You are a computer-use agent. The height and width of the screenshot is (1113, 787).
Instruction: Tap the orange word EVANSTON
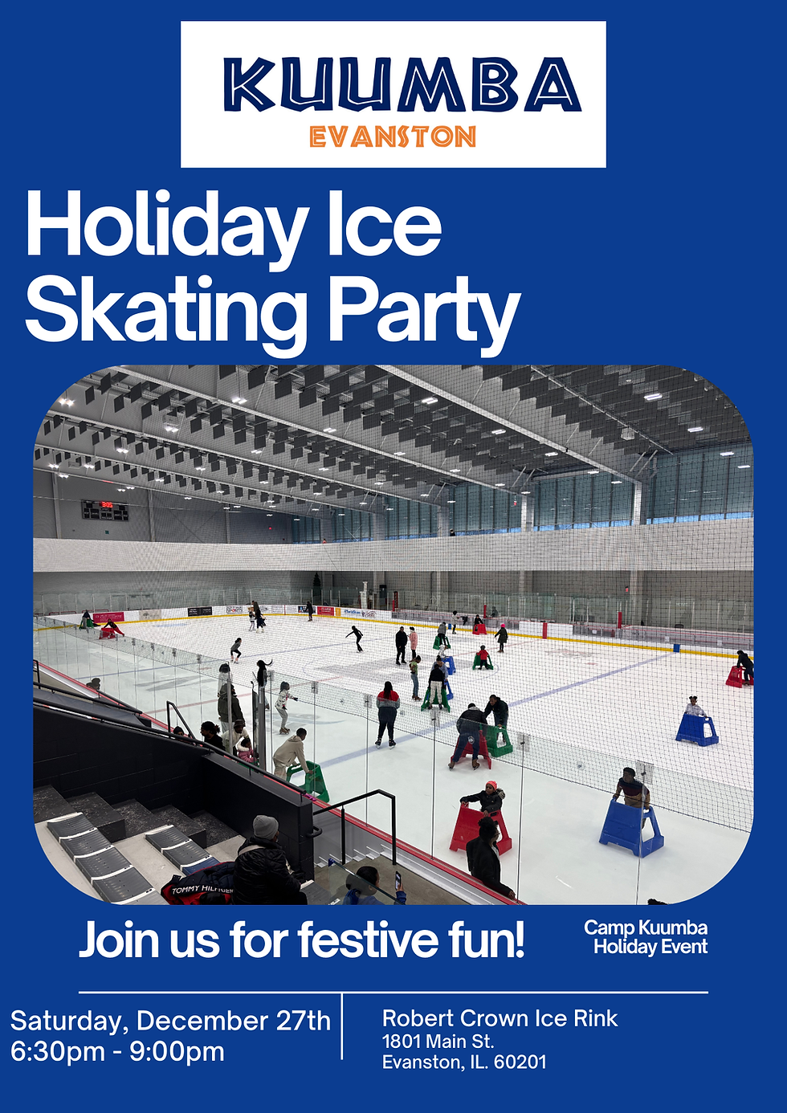pyautogui.click(x=393, y=137)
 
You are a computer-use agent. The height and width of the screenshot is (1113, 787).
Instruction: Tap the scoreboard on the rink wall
pyautogui.click(x=104, y=509)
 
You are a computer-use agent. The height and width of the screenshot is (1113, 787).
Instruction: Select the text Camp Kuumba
pyautogui.click(x=646, y=928)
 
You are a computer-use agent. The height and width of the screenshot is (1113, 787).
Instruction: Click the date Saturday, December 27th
pyautogui.click(x=170, y=1021)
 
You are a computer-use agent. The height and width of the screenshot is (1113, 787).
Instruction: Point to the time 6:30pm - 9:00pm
pyautogui.click(x=117, y=1051)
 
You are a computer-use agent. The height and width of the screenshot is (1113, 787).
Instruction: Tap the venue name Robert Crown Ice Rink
pyautogui.click(x=500, y=1018)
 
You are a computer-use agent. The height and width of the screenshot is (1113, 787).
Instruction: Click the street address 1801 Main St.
pyautogui.click(x=438, y=1042)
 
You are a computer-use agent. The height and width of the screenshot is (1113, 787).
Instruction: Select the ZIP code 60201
pyautogui.click(x=520, y=1062)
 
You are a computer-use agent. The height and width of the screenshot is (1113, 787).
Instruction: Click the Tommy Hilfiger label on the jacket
pyautogui.click(x=202, y=890)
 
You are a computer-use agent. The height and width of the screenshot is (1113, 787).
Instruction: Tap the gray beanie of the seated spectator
pyautogui.click(x=265, y=826)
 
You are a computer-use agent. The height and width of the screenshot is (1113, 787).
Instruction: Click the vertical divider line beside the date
pyautogui.click(x=342, y=1026)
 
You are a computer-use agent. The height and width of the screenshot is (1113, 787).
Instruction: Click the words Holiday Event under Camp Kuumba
pyautogui.click(x=650, y=948)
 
